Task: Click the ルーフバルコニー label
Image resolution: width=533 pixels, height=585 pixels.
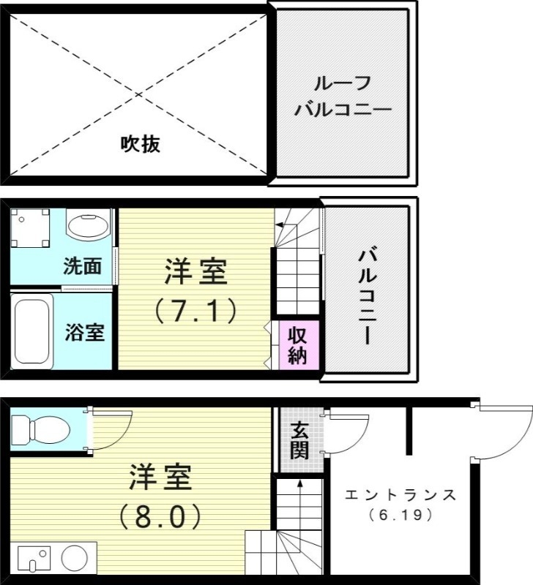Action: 343,97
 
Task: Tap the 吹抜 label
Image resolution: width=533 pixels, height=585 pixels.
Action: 141,144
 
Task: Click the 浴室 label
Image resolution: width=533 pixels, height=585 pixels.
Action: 84,333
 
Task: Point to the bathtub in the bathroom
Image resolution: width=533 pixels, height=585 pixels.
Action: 32,331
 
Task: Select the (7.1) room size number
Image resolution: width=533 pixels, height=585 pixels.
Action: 195,312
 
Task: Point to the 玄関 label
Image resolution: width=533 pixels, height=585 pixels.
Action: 299,439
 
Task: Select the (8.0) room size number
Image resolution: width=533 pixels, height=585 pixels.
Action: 160,516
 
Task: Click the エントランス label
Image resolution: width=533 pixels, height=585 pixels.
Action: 400,495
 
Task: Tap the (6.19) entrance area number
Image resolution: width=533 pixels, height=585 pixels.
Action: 400,516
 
